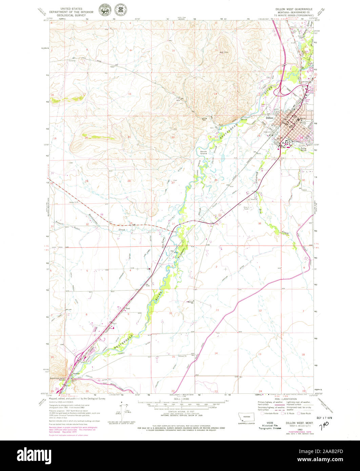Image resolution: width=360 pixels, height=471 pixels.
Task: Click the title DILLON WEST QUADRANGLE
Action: click(x=294, y=9)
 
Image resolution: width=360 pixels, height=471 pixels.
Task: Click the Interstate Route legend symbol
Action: click(x=262, y=413)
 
